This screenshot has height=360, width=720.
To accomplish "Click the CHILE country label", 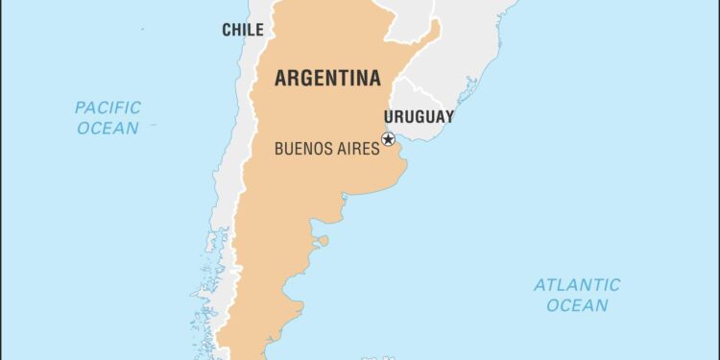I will click(x=243, y=30).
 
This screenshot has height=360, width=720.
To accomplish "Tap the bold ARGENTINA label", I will click(x=327, y=79).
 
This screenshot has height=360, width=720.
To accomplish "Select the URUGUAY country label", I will click(x=420, y=116).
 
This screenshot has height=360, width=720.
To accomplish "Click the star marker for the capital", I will click(x=388, y=139).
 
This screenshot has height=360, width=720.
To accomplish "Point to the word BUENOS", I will click(x=302, y=149).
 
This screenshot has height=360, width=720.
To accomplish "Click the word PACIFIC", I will click(x=108, y=108).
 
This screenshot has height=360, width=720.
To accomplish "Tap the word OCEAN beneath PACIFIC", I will click(x=108, y=128).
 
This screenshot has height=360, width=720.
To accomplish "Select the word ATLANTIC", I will click(x=577, y=285).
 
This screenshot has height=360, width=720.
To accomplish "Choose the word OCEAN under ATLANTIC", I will click(x=577, y=305).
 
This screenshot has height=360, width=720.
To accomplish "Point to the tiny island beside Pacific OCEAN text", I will click(x=155, y=124).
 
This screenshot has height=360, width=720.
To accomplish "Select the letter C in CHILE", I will click(x=227, y=30).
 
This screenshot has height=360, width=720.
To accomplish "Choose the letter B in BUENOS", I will click(x=279, y=149).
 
